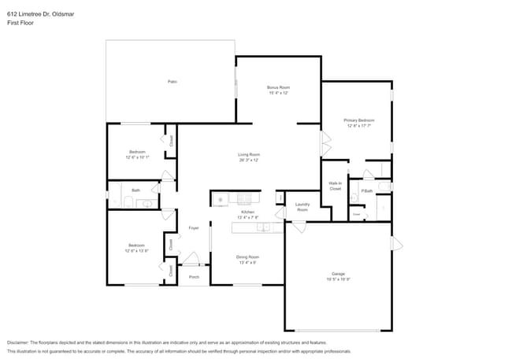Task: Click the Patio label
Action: click(x=171, y=82)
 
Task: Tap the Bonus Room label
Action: click(x=278, y=87)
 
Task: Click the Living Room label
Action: click(x=249, y=154)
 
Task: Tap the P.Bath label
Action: click(x=366, y=191)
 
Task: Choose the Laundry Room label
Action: click(x=302, y=207)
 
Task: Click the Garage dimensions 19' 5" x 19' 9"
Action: click(x=337, y=279)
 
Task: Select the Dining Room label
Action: click(x=248, y=257)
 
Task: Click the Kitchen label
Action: click(x=248, y=212)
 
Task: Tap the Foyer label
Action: click(x=193, y=228)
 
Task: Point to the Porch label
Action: click(x=194, y=277)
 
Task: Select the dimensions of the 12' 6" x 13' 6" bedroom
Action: click(x=136, y=252)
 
